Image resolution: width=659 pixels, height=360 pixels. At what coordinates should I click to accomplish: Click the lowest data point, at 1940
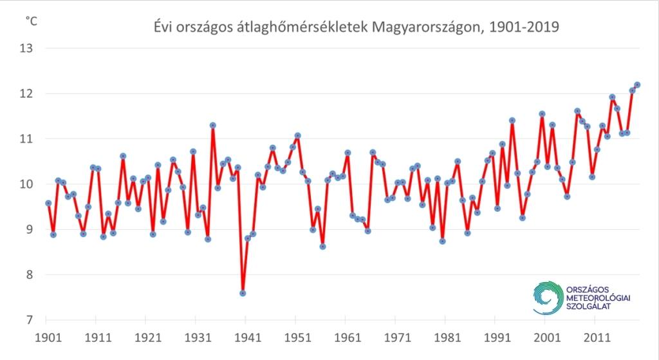243,293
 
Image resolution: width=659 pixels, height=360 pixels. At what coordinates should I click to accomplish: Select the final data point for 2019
637,84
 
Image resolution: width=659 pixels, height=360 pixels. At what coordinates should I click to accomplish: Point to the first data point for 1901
48,203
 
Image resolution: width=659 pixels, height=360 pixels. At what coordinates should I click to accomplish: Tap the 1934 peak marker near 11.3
212,125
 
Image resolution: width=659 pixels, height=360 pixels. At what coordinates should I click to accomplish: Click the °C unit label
31,21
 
